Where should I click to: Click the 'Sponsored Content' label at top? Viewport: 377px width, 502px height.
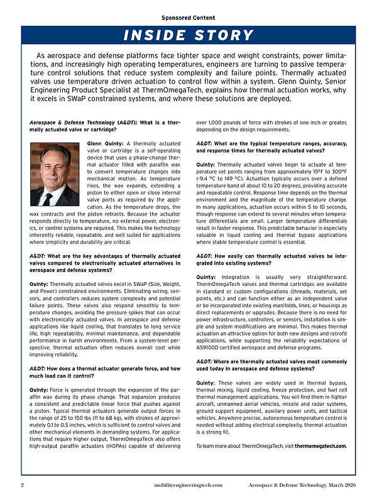[x=188, y=18]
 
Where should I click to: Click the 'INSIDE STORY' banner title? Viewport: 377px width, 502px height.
[x=188, y=35]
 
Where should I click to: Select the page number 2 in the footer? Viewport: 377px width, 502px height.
[x=23, y=486]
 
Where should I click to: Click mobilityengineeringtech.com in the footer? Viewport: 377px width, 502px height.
[x=188, y=486]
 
